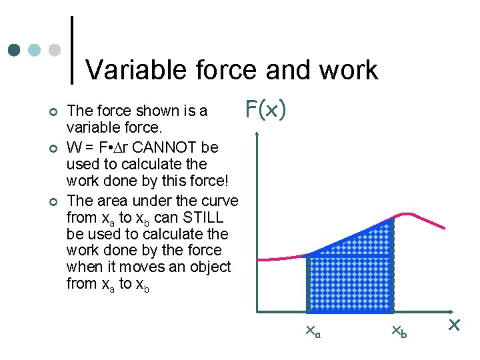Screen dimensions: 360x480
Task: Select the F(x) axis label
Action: pos(266,109)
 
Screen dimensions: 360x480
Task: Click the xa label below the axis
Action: pos(311,331)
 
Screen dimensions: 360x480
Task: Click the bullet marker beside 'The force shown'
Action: pos(53,111)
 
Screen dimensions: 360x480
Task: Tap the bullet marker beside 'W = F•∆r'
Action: pos(53,147)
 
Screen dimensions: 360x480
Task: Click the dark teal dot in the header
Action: pos(14,50)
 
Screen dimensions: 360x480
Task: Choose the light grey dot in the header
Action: pos(55,50)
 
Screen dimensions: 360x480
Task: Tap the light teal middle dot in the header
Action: pos(35,50)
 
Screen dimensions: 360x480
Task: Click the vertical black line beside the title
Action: pos(72,50)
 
